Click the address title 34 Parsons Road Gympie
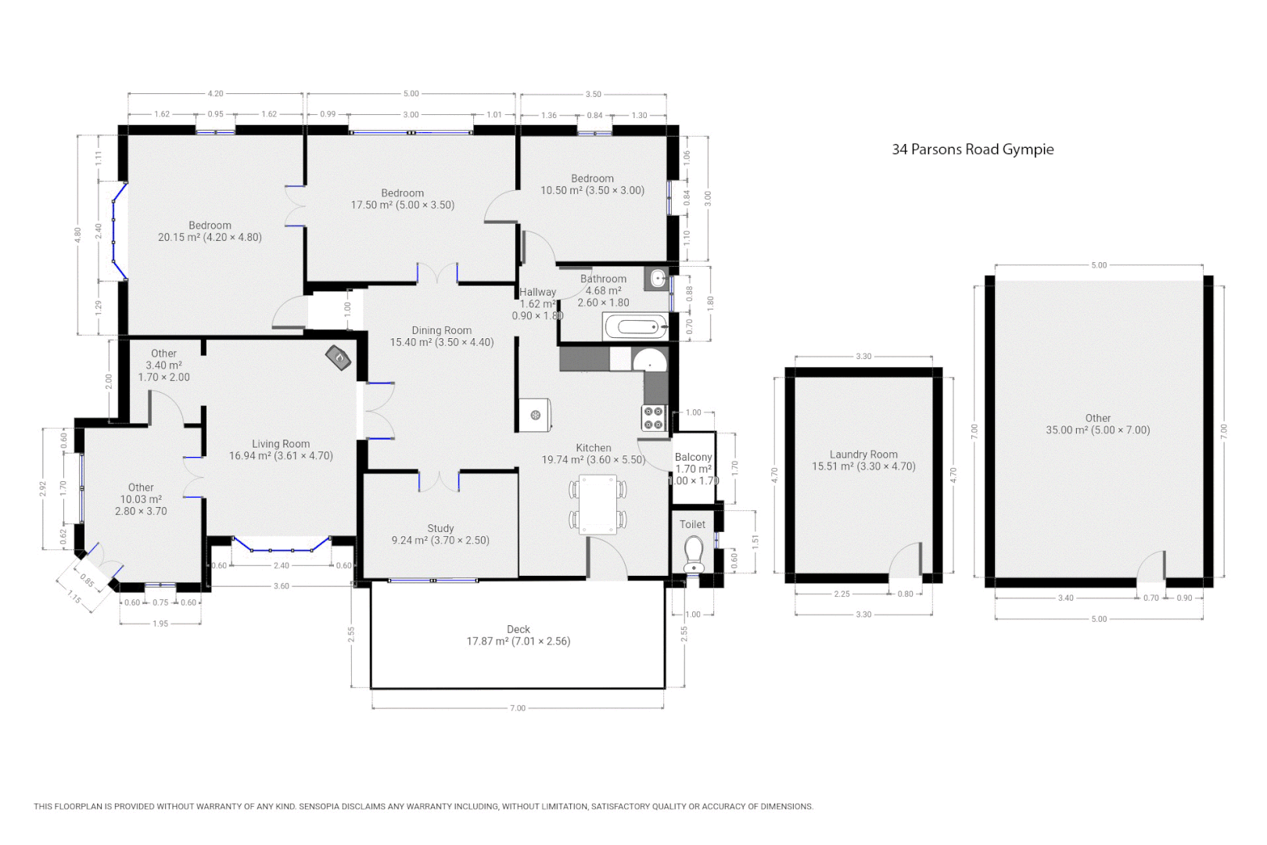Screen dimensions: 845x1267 (972, 149)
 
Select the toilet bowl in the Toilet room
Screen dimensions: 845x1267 (694, 553)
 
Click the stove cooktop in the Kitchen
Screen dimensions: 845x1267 (654, 419)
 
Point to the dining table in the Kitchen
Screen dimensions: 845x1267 (598, 505)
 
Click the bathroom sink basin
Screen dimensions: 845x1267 (657, 277)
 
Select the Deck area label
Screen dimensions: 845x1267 (518, 635)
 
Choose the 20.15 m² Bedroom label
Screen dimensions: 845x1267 (210, 232)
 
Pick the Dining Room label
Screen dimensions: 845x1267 (442, 336)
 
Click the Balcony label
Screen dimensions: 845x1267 (693, 457)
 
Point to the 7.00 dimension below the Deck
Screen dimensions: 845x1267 (518, 708)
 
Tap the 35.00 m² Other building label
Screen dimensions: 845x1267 (1097, 424)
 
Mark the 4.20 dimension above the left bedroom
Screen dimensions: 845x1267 (215, 94)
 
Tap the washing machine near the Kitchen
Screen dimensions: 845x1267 (536, 415)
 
